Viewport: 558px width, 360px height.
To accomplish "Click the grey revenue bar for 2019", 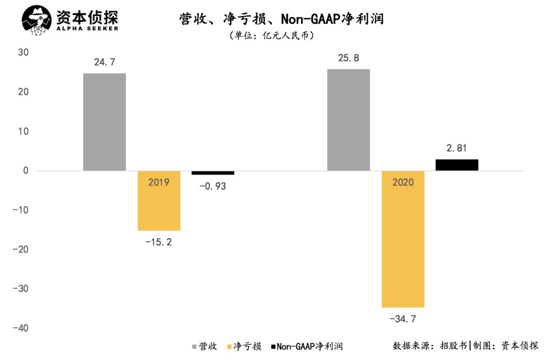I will click(104, 122).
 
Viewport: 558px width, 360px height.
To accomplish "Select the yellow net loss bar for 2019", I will click(159, 207).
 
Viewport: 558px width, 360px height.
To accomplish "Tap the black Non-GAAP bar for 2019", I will click(213, 173).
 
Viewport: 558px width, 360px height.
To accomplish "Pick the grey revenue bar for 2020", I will click(349, 120).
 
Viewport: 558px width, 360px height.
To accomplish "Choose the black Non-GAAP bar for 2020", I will click(457, 165).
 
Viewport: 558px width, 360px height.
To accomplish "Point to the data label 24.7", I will click(104, 62).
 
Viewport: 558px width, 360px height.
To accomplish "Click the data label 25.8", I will click(349, 58).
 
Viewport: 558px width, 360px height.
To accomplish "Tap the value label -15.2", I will click(159, 241).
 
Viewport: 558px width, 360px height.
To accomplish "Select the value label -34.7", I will click(403, 319).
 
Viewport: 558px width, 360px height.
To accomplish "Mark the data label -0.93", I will click(213, 186).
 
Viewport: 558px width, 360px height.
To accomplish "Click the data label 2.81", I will click(457, 148).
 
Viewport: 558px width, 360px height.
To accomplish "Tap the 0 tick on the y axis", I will click(25, 171).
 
